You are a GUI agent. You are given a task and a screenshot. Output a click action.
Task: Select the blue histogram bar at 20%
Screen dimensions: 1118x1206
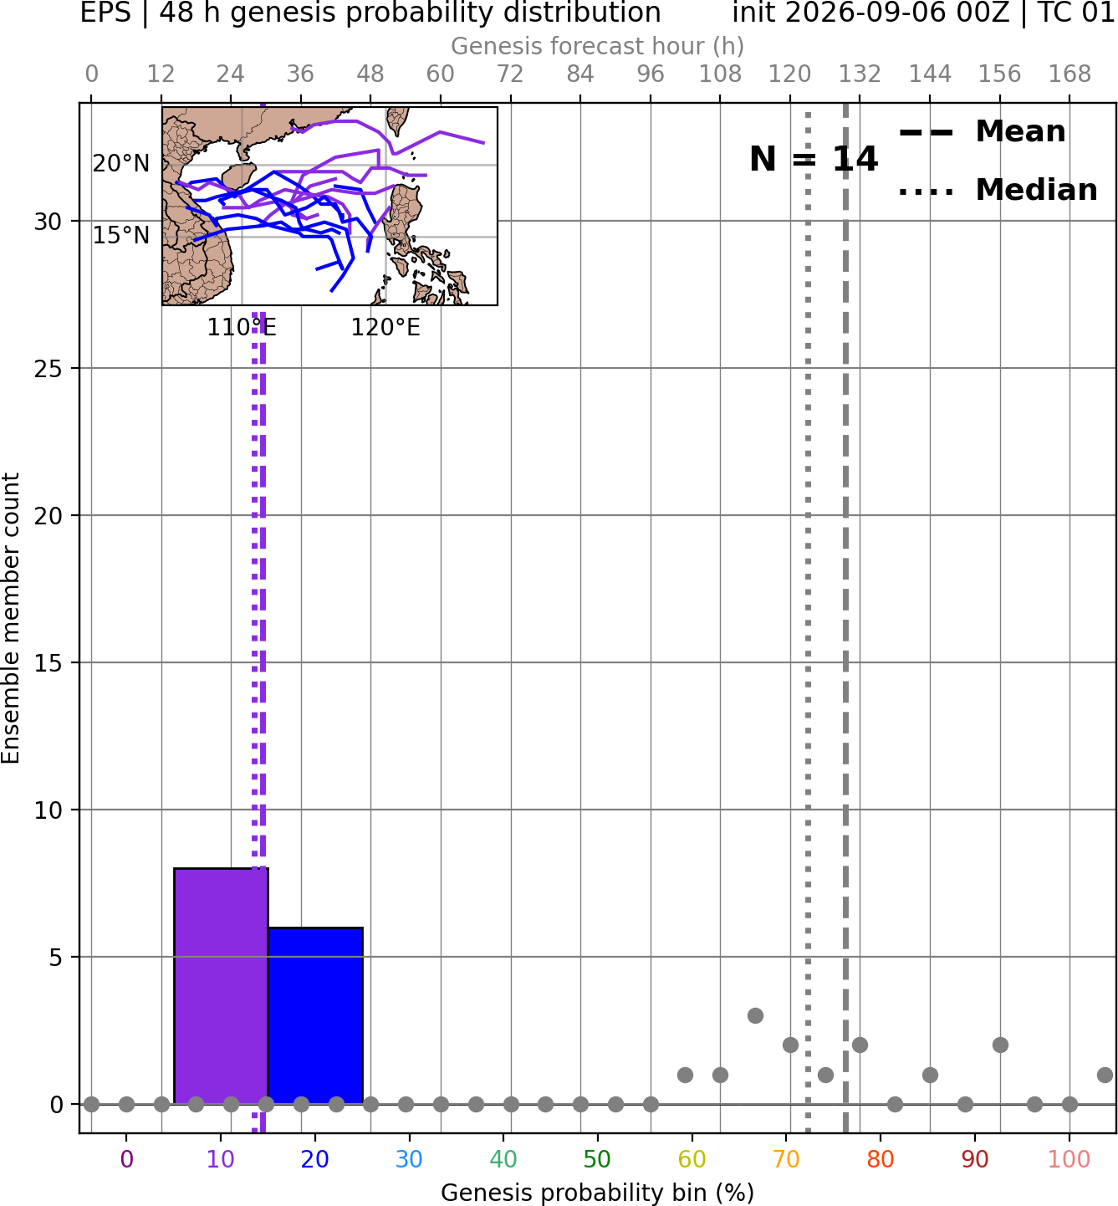click(x=315, y=1015)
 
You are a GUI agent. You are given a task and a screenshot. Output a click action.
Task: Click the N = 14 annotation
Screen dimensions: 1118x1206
click(x=813, y=159)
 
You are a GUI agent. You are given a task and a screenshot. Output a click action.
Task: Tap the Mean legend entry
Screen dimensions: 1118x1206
click(x=982, y=132)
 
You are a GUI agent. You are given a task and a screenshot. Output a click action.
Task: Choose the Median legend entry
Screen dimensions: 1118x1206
click(x=998, y=190)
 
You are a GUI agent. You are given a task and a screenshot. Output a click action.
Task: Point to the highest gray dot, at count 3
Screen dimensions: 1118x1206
click(x=755, y=1015)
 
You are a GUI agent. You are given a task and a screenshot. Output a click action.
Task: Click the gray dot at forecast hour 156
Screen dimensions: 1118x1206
click(x=1000, y=1045)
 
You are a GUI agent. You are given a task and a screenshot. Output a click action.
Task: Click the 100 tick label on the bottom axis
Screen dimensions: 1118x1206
click(x=1069, y=1159)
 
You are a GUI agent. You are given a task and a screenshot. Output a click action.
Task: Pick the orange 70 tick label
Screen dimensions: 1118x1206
click(x=786, y=1159)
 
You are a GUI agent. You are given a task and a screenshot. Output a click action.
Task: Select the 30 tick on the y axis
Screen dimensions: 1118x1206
click(x=48, y=222)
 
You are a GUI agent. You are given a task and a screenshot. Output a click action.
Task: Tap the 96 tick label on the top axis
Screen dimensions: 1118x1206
click(x=651, y=74)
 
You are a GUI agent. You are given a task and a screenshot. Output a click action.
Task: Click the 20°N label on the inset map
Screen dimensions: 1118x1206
click(x=121, y=163)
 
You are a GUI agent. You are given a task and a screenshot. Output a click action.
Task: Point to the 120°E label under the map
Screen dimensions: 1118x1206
click(x=385, y=327)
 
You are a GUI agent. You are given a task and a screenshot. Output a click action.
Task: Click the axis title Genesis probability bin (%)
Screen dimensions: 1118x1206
click(x=597, y=1192)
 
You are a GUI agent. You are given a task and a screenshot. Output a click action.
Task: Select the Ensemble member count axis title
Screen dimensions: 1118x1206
click(x=10, y=618)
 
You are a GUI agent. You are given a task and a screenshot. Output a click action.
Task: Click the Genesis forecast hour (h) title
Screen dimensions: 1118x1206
click(x=597, y=46)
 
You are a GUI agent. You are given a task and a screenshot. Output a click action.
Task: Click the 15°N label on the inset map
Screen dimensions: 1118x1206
click(x=121, y=236)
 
